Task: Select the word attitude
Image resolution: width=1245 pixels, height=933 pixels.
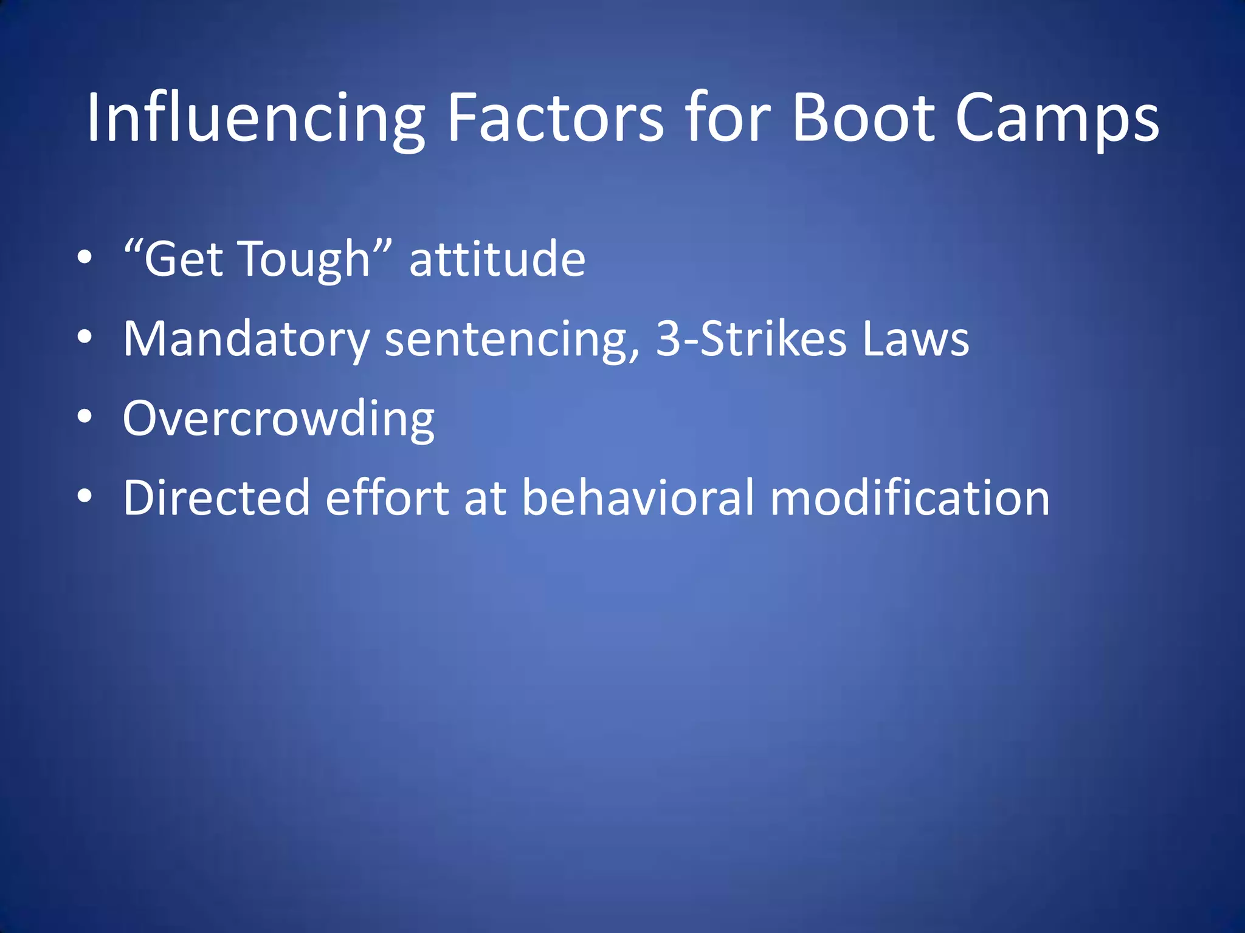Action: (497, 260)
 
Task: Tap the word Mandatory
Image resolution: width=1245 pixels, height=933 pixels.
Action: (246, 339)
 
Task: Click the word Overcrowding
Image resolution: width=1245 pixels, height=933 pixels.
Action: (278, 419)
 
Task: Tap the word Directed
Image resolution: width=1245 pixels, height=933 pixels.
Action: (216, 498)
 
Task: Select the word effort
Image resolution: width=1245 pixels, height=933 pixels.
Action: (387, 498)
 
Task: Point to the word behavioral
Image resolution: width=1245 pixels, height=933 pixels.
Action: (638, 498)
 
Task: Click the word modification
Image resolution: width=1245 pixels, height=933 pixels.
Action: (909, 498)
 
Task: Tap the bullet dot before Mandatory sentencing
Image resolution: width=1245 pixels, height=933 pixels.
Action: (85, 337)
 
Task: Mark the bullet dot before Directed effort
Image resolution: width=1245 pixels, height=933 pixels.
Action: (85, 496)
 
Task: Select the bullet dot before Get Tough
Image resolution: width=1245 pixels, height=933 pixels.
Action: (85, 258)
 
